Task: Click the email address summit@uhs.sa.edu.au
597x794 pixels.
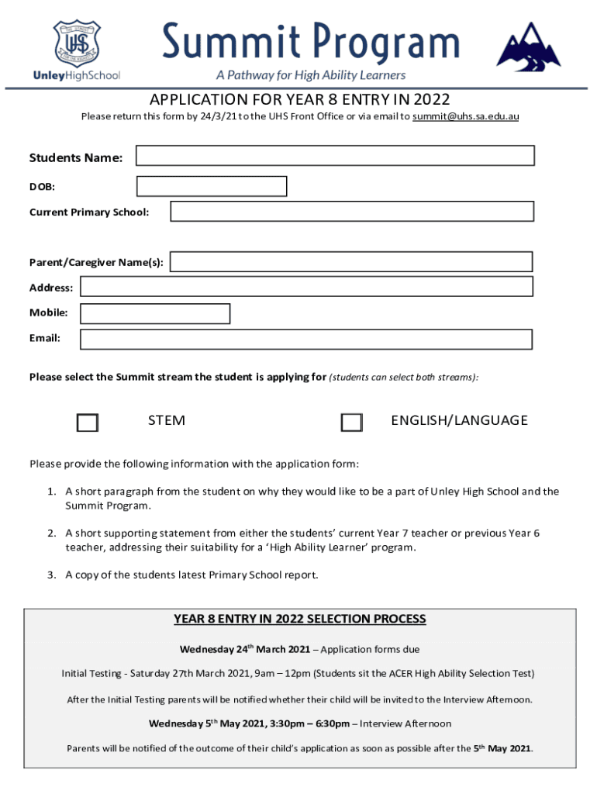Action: [465, 116]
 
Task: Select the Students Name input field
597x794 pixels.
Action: [335, 156]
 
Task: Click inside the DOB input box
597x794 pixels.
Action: [212, 187]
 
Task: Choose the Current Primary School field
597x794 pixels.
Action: [352, 212]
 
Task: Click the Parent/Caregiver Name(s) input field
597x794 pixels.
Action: [351, 262]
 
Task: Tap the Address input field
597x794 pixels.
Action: [306, 287]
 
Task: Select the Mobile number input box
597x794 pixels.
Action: [155, 313]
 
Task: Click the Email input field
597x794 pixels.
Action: [306, 340]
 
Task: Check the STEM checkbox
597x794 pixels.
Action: [88, 423]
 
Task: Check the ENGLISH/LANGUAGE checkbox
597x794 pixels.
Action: [351, 423]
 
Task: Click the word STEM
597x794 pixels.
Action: [167, 420]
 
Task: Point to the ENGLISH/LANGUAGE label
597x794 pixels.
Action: [459, 420]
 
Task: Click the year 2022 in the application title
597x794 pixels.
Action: [432, 100]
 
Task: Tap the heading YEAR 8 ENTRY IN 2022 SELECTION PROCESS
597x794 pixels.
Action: [300, 619]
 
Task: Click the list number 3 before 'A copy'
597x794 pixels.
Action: [50, 575]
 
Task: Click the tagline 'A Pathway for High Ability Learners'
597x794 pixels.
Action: [310, 75]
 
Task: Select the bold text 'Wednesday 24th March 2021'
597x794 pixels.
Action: [245, 649]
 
